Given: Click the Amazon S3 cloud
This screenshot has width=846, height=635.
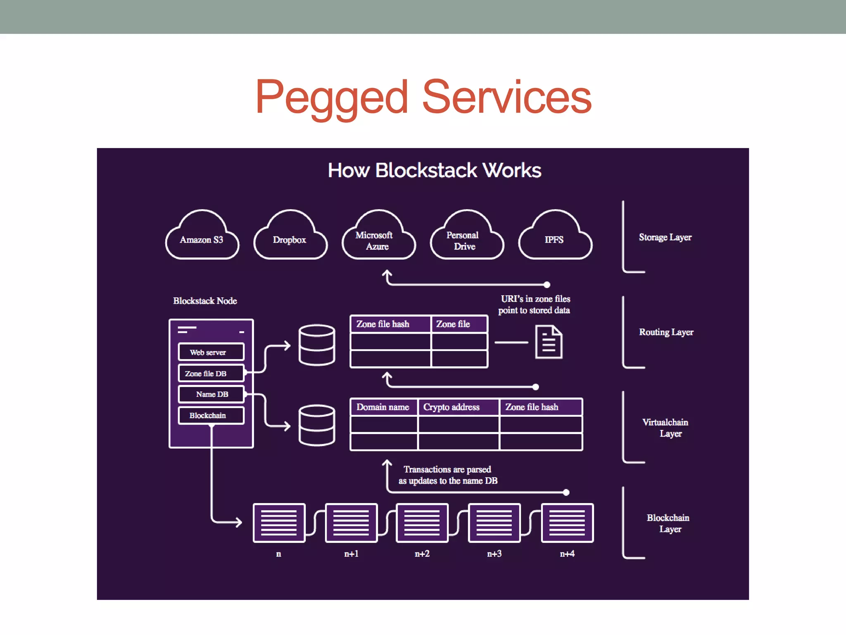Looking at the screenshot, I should point(202,237).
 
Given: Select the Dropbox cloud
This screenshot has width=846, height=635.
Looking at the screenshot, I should point(290,237).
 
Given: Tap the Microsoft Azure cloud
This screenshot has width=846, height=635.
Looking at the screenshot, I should point(378,237).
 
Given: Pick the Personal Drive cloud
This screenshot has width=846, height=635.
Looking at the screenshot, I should point(467,237).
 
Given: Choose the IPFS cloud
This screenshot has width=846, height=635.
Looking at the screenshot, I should point(555,237).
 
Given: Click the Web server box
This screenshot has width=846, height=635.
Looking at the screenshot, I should point(211,352).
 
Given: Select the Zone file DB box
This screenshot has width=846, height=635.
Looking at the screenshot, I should point(211,373).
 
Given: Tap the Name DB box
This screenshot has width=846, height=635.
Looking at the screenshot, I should point(211,394).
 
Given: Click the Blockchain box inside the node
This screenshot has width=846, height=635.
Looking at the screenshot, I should point(211,415).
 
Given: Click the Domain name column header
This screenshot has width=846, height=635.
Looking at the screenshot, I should point(383,407).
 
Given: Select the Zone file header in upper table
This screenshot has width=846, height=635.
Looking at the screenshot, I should point(459,324).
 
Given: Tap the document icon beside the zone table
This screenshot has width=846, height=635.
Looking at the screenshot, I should point(549,342).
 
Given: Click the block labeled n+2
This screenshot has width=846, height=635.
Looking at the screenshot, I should point(422,523).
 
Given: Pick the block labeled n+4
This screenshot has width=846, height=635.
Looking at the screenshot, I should point(567,523).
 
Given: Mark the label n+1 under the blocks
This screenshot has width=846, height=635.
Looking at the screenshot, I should point(352,554).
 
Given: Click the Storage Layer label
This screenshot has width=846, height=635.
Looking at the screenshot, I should point(665,237).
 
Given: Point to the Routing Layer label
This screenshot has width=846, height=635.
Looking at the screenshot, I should point(666,332).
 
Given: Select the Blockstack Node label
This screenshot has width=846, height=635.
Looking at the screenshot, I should point(205,301).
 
